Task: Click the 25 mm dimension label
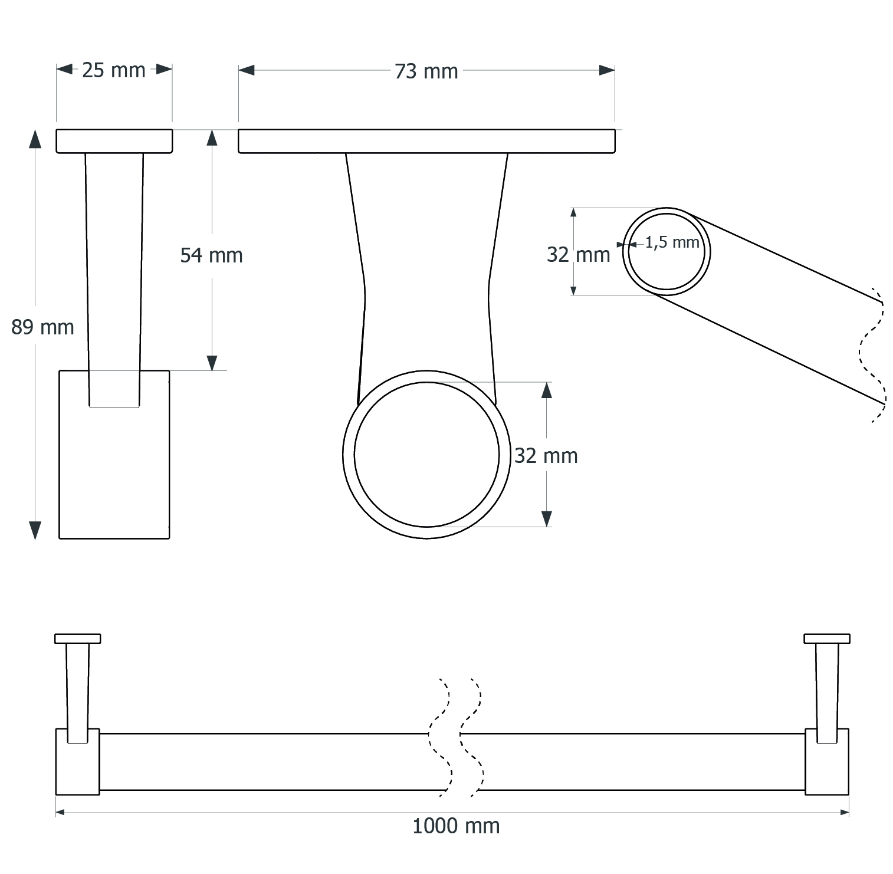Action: pyautogui.click(x=114, y=70)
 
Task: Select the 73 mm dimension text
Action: pyautogui.click(x=426, y=71)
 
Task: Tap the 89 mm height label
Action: pyautogui.click(x=43, y=327)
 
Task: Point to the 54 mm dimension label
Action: pyautogui.click(x=212, y=255)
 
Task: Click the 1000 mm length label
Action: pyautogui.click(x=456, y=826)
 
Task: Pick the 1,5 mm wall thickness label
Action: pyautogui.click(x=672, y=242)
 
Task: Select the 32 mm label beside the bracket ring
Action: pyautogui.click(x=546, y=456)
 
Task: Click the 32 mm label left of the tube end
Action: pyautogui.click(x=579, y=255)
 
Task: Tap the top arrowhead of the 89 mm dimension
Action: pyautogui.click(x=35, y=139)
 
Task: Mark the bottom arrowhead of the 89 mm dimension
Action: pyautogui.click(x=35, y=530)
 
